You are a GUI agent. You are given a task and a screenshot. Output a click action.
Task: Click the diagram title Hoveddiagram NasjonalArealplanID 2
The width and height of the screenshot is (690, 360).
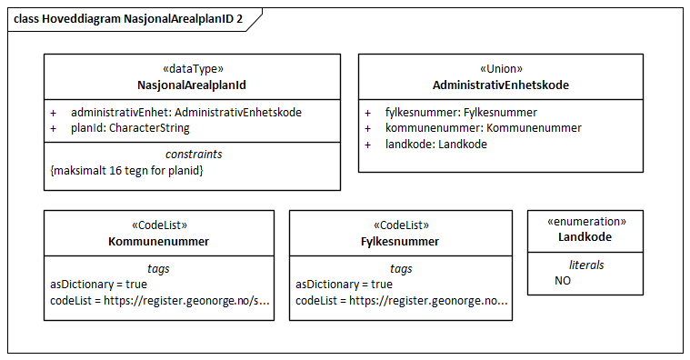(x=127, y=18)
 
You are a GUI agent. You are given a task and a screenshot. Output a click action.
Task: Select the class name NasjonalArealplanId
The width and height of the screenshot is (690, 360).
(x=192, y=85)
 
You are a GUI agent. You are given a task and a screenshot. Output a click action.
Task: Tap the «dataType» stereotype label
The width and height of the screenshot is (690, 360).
(x=192, y=68)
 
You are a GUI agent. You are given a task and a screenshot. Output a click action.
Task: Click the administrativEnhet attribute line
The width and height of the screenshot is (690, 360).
(x=185, y=112)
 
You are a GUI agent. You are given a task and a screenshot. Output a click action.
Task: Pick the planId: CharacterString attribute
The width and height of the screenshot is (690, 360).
(x=130, y=128)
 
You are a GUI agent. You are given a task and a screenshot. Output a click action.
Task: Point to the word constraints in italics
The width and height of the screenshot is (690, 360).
(x=192, y=154)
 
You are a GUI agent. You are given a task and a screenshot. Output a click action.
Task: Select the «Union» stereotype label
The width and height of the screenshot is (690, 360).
(x=500, y=68)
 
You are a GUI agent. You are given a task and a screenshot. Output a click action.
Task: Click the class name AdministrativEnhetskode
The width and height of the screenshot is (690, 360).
(x=500, y=85)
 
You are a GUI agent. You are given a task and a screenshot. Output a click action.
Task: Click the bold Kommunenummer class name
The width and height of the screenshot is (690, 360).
(x=158, y=241)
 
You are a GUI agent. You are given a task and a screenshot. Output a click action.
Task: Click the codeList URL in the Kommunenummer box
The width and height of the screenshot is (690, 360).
(x=160, y=301)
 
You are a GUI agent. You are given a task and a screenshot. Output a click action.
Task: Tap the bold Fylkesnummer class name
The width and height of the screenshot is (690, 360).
(x=401, y=241)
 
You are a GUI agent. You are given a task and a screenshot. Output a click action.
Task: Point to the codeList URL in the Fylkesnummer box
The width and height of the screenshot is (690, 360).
(x=401, y=301)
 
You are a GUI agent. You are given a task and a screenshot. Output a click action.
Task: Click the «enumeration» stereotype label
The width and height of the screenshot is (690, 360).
(x=585, y=221)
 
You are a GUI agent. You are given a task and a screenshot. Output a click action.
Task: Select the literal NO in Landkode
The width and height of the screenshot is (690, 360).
(x=563, y=281)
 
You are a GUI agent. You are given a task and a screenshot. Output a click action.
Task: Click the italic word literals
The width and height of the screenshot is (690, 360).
(x=585, y=265)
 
